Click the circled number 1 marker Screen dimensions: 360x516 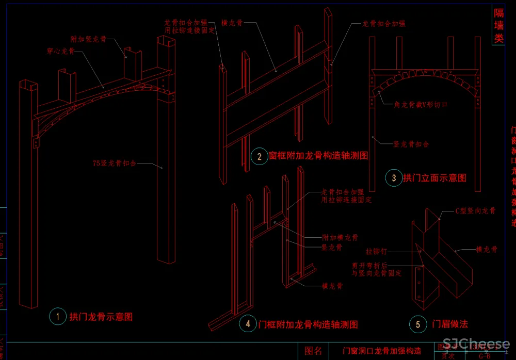click(x=58, y=316)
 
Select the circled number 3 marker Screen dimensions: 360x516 click(x=394, y=178)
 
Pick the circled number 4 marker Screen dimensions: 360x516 click(x=248, y=324)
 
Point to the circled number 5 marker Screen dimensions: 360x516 click(x=418, y=324)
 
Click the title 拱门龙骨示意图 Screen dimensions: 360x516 click(x=101, y=317)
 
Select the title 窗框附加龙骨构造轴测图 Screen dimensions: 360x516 click(x=318, y=156)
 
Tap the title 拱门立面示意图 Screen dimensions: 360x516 click(x=434, y=178)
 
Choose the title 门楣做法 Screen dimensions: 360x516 click(x=450, y=324)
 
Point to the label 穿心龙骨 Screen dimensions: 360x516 click(x=61, y=51)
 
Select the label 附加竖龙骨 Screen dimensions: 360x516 click(x=88, y=39)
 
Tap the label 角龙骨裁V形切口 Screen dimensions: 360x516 click(x=421, y=105)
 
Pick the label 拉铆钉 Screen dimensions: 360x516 click(x=376, y=252)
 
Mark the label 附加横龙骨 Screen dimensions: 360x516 click(x=340, y=238)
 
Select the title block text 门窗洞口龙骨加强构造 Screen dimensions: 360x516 click(x=382, y=351)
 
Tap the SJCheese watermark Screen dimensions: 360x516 click(x=476, y=344)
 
